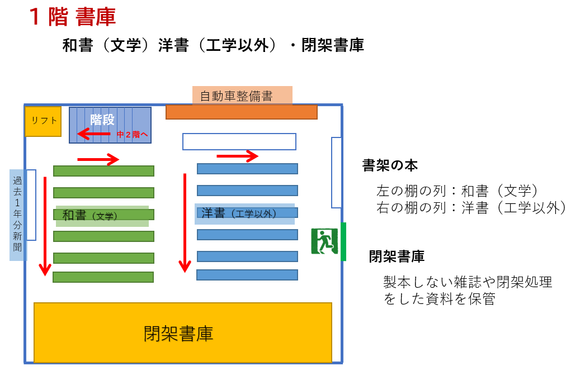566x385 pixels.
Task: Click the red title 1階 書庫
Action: (72, 17)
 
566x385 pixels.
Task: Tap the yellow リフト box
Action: (43, 121)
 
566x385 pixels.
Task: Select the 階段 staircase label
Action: (102, 120)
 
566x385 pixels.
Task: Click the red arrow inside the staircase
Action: (94, 134)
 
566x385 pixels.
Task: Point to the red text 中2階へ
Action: (132, 135)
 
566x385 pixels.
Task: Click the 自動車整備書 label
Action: (237, 96)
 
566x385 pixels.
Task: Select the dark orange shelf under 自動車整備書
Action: (242, 112)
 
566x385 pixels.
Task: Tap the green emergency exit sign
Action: (324, 241)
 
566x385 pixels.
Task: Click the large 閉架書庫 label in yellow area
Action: (178, 334)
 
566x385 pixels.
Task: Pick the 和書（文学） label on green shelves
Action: (89, 215)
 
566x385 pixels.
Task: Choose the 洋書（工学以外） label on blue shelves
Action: (239, 213)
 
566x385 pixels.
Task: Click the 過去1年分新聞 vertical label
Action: (17, 214)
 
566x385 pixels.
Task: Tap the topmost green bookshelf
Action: (103, 171)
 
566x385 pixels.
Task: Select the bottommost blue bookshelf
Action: (247, 275)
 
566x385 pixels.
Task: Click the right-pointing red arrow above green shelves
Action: (98, 159)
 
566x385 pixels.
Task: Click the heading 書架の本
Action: (390, 165)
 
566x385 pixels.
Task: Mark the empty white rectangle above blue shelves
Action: (239, 142)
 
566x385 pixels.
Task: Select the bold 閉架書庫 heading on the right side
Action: (397, 256)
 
